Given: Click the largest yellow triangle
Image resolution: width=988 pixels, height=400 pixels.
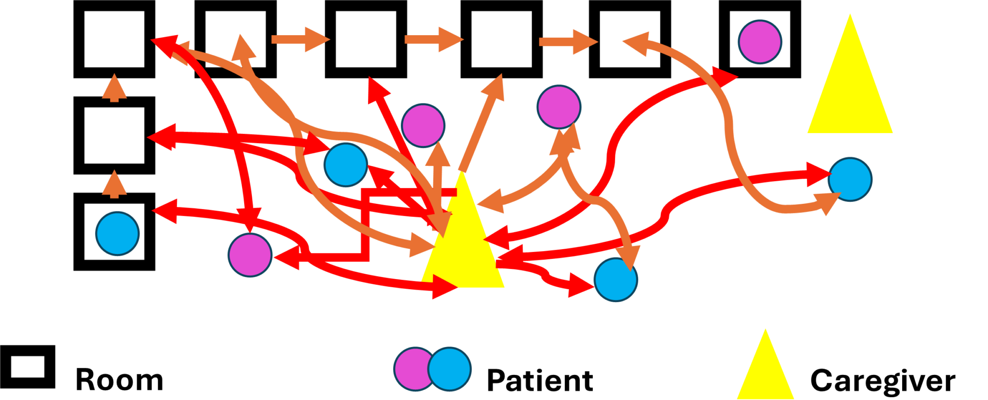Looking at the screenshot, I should point(850,92).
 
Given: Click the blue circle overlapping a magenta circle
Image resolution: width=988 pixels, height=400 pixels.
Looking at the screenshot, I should point(450,369).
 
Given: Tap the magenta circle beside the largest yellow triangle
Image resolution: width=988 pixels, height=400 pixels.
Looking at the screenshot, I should point(760,42).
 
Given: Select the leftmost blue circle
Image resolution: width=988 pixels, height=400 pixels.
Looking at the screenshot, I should point(118,233).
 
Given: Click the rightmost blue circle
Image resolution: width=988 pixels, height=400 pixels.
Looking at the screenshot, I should point(850,179).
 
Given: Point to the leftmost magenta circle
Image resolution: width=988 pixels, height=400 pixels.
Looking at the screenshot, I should point(250,255).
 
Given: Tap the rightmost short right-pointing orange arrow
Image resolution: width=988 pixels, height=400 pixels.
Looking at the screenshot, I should point(569,42).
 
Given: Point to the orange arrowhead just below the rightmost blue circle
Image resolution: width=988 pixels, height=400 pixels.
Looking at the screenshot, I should point(827,202).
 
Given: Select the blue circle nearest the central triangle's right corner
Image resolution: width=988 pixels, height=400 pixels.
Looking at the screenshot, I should point(616,280).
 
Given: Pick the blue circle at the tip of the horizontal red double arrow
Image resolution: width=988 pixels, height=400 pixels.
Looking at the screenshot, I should point(346,165).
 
